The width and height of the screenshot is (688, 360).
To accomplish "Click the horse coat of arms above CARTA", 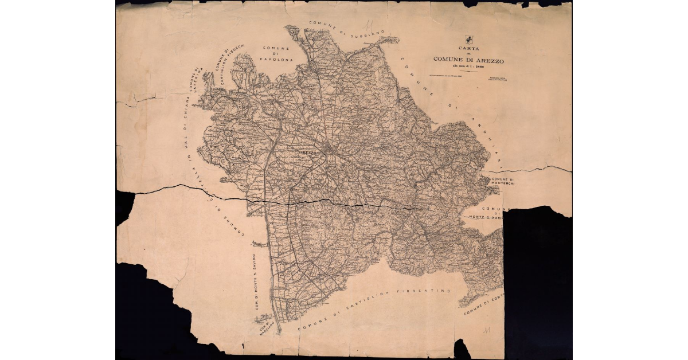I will point(469,40).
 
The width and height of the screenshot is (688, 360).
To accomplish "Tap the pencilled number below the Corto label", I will point(487,331).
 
